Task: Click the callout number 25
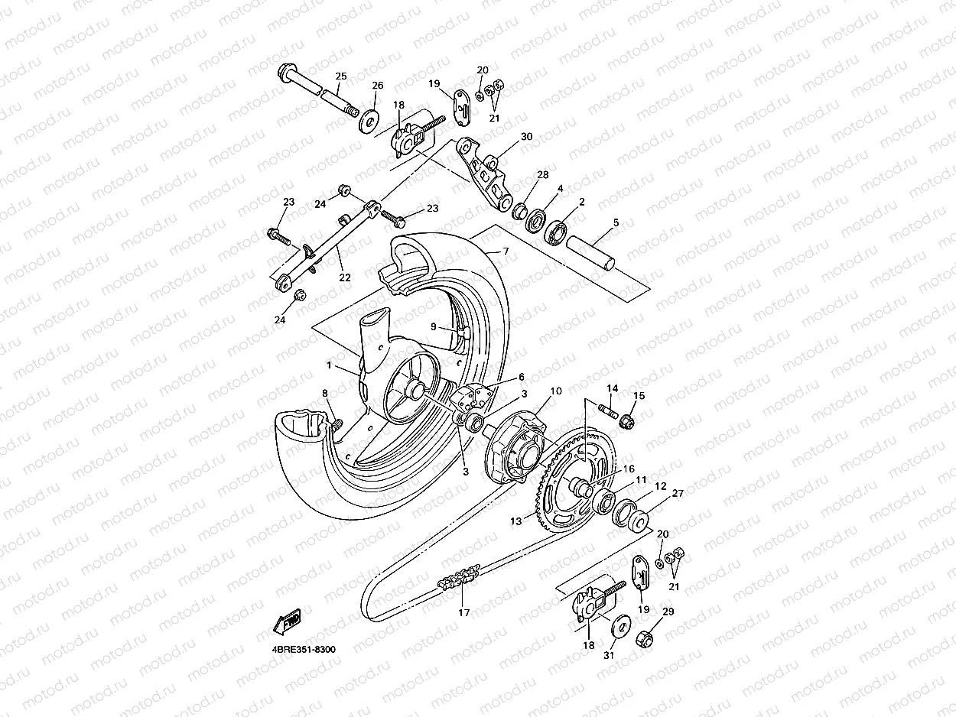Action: [340, 76]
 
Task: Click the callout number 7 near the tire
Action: [505, 251]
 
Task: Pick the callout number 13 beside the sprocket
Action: [516, 521]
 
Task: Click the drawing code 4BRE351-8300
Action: [303, 649]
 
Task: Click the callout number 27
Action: [677, 493]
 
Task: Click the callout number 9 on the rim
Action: [433, 326]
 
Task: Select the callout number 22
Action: [345, 277]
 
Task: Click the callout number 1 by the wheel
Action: [329, 365]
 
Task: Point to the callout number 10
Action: [556, 391]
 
